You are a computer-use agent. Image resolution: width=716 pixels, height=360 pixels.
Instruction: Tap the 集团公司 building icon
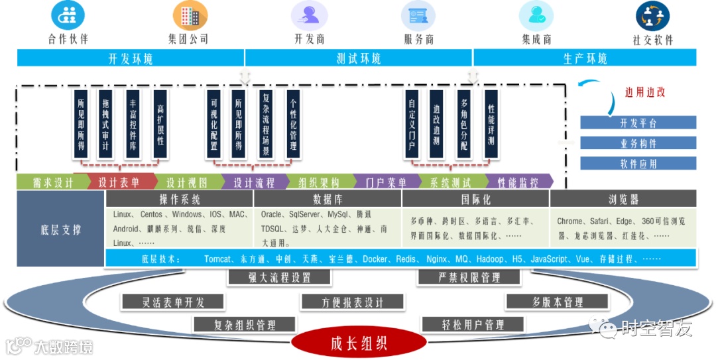click(x=186, y=15)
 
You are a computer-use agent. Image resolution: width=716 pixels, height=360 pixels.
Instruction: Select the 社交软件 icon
click(x=652, y=15)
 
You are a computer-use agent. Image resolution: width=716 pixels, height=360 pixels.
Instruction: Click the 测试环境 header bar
click(x=358, y=58)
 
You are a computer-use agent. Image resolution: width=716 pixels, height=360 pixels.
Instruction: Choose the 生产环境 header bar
click(x=585, y=58)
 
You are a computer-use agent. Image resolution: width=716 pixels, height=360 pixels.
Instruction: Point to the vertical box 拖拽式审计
click(x=105, y=125)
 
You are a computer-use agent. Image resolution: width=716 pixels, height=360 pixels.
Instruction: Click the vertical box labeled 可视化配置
click(x=213, y=125)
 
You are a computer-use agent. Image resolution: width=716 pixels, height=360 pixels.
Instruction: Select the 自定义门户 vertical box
click(x=412, y=125)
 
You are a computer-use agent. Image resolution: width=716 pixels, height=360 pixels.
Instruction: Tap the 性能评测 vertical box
click(x=491, y=125)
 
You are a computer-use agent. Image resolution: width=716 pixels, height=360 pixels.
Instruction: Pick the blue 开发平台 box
click(x=638, y=123)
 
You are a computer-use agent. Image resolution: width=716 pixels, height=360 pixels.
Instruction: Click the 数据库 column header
click(x=327, y=199)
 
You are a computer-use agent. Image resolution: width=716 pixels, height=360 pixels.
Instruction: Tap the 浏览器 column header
click(x=623, y=199)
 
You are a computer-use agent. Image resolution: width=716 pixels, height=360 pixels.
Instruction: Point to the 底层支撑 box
click(x=60, y=230)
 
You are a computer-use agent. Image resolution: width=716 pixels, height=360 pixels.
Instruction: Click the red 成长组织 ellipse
click(x=358, y=343)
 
